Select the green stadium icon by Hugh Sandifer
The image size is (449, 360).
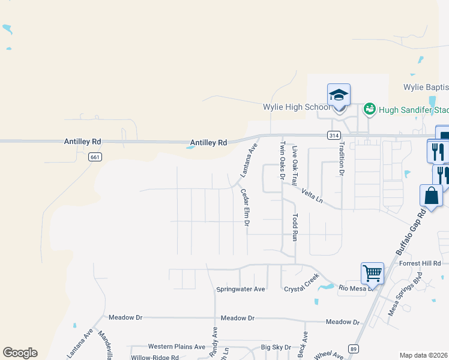[x=369, y=109]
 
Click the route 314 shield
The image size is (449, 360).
[x=334, y=136]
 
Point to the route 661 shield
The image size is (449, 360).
[x=94, y=157]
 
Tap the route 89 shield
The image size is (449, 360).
[x=353, y=349]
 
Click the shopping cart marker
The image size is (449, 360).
[x=372, y=274]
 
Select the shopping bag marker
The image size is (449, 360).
[x=431, y=196]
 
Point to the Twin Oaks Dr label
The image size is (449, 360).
[x=282, y=160]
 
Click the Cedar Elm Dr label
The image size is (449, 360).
[x=245, y=207]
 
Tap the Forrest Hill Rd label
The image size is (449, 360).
[x=420, y=263]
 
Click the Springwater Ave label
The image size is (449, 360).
[x=241, y=289]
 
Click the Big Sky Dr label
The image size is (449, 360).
[x=276, y=347]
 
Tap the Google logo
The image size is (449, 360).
[x=20, y=352]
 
